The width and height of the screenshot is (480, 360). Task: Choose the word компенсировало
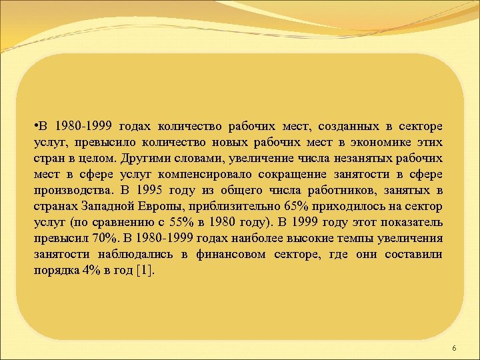pyautogui.click(x=194, y=175)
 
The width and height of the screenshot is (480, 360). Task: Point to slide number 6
pyautogui.click(x=454, y=349)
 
